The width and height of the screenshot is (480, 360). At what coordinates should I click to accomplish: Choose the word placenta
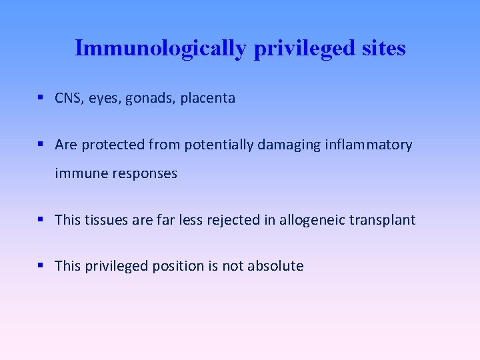(x=207, y=98)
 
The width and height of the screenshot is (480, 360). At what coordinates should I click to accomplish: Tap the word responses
(x=146, y=174)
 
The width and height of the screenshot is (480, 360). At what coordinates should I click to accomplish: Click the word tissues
(x=108, y=220)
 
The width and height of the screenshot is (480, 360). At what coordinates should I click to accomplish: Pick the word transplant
(x=386, y=220)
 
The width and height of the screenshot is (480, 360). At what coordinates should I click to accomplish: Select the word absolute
(x=275, y=266)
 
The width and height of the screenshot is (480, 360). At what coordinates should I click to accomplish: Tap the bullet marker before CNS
(x=41, y=98)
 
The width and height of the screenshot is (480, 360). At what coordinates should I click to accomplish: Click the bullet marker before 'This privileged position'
(x=41, y=265)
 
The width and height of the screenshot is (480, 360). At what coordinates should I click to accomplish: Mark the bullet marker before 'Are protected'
(x=41, y=144)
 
